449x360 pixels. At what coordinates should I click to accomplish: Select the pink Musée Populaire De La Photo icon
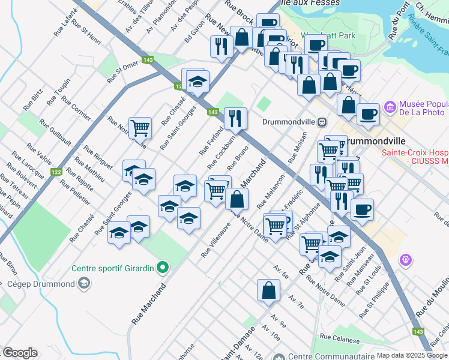tap(391, 107)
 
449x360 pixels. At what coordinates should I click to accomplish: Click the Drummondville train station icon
tap(322, 122)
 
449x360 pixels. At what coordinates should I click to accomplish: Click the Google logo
tap(19, 353)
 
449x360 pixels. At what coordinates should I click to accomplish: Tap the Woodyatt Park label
tap(329, 35)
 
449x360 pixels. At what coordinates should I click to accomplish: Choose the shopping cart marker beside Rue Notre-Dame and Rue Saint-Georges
tap(140, 127)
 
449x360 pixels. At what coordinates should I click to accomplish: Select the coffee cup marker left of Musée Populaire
tap(367, 113)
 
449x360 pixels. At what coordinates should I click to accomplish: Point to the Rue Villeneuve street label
tap(216, 240)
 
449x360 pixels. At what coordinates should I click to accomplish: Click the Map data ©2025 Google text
tap(412, 355)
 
